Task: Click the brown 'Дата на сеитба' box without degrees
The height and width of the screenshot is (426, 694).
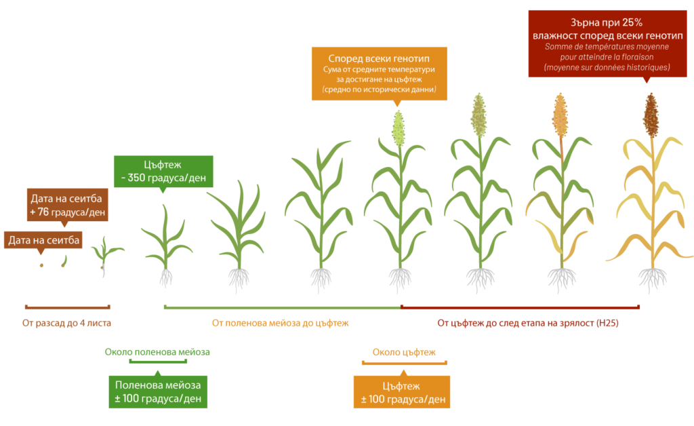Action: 43,240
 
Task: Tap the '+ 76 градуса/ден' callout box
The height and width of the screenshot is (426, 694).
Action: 68,205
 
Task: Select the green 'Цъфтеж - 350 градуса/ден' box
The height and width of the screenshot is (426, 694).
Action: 163,172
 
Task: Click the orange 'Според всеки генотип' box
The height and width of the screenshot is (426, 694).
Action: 380,73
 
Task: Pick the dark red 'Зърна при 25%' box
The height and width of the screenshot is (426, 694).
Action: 607,44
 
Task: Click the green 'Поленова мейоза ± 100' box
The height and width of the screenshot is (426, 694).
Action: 158,392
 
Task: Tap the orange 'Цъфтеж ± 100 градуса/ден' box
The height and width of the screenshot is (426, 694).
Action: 402,392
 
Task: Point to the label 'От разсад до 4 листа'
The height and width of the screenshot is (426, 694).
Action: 66,324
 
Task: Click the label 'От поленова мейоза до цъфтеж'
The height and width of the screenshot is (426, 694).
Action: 280,324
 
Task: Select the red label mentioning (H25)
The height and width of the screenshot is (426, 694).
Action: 527,324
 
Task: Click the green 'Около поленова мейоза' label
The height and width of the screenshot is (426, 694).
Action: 157,352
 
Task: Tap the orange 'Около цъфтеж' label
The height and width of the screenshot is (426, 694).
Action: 404,353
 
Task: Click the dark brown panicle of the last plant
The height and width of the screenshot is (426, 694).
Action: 651,115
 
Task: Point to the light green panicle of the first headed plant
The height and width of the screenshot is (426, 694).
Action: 399,128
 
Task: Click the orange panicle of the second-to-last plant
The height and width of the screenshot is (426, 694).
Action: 560,115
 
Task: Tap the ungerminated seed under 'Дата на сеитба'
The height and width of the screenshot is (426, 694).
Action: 41,265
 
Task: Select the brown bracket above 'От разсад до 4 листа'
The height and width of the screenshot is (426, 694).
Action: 67,307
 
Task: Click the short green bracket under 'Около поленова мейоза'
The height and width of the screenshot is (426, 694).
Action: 158,362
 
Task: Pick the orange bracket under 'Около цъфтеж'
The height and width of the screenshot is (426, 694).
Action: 404,363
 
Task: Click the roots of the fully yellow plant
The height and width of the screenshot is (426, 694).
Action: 653,279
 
